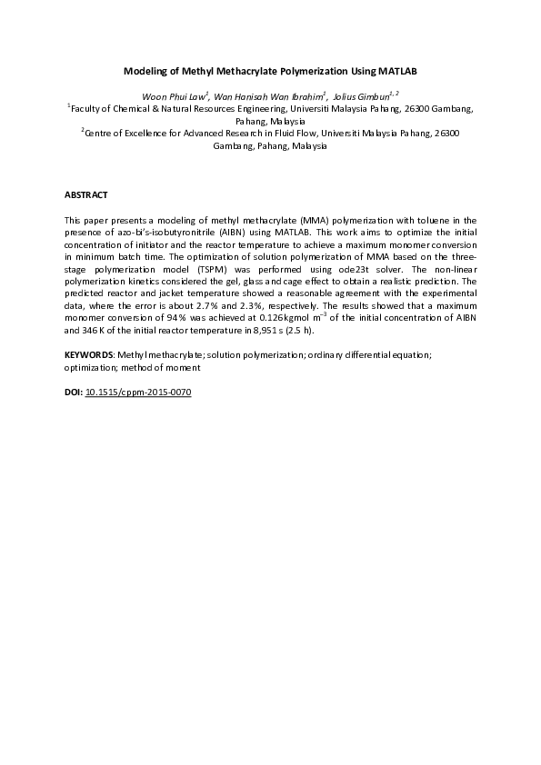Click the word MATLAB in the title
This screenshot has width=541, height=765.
pyautogui.click(x=397, y=70)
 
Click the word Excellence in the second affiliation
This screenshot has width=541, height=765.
pyautogui.click(x=152, y=133)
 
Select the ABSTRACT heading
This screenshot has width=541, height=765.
pyautogui.click(x=86, y=195)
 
